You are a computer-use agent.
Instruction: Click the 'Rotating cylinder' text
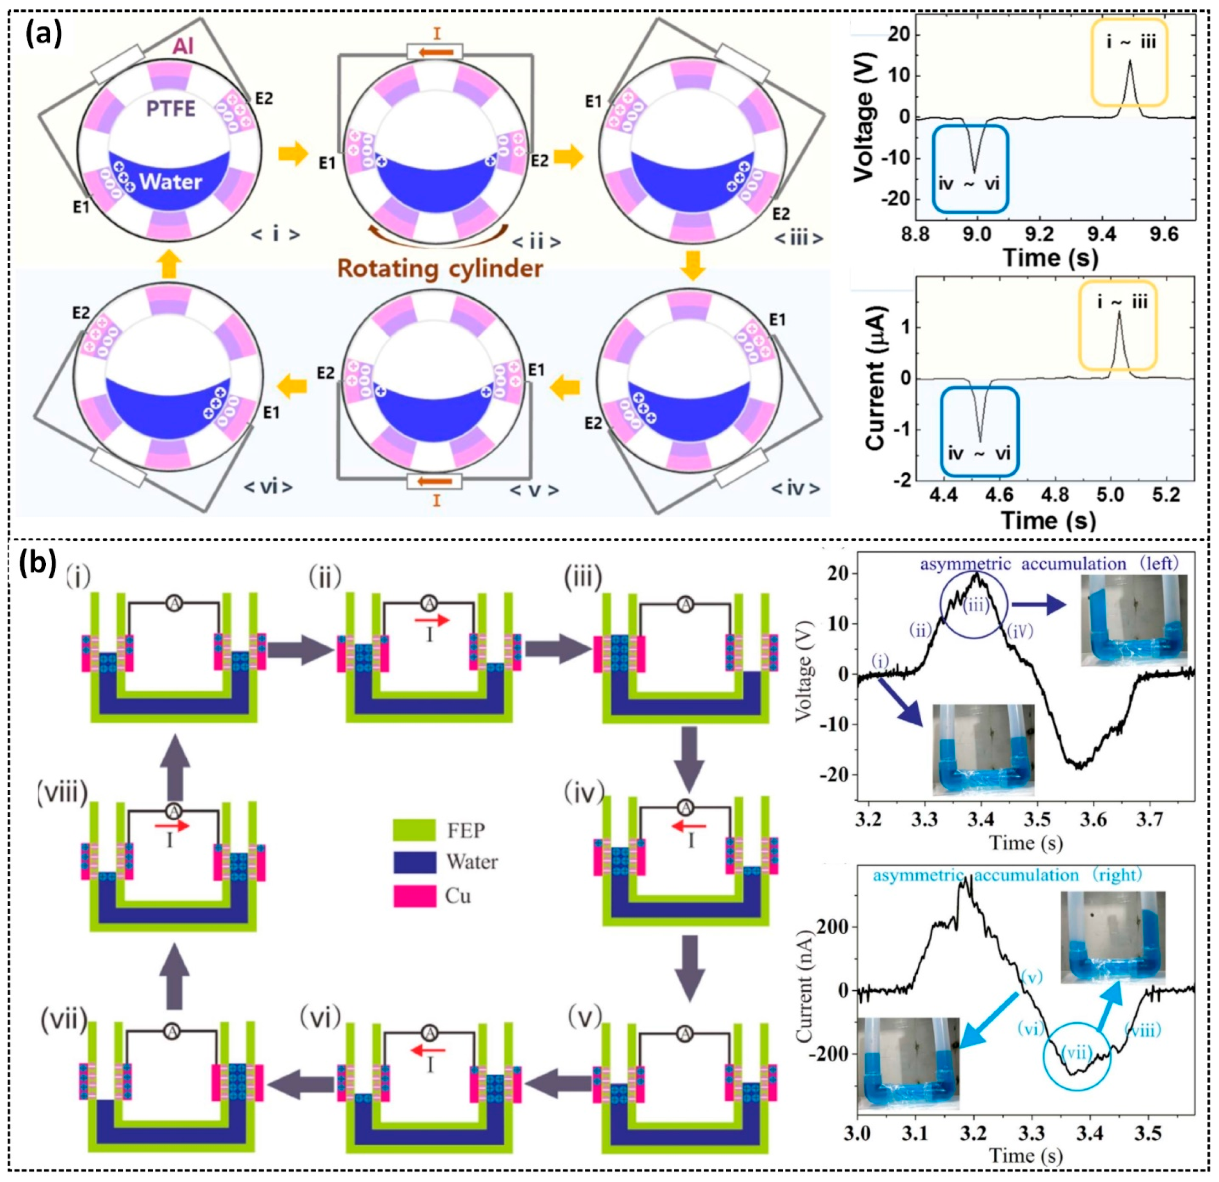click(x=440, y=269)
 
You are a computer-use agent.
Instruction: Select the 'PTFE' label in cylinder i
click(x=170, y=109)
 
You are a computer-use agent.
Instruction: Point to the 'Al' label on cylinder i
click(x=183, y=46)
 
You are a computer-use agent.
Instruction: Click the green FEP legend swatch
click(x=414, y=830)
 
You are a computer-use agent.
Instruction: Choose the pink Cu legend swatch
click(x=414, y=896)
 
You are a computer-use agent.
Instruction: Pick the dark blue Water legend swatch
click(x=414, y=863)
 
